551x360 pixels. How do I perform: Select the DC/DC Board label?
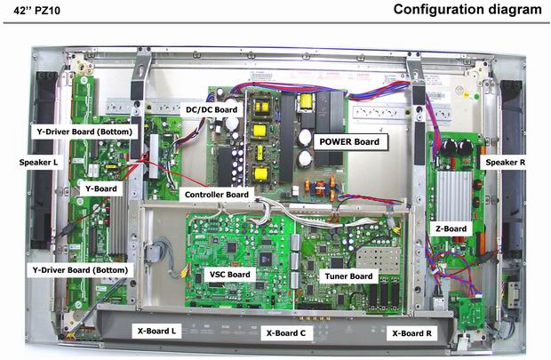(x=211, y=110)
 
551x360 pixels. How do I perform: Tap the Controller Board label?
(x=216, y=194)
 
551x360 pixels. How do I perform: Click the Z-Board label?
(x=451, y=228)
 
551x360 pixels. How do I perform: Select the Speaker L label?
(x=38, y=163)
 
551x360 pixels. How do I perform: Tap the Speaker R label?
(x=505, y=164)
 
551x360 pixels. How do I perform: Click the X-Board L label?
(x=157, y=331)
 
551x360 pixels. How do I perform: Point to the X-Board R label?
(x=413, y=335)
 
